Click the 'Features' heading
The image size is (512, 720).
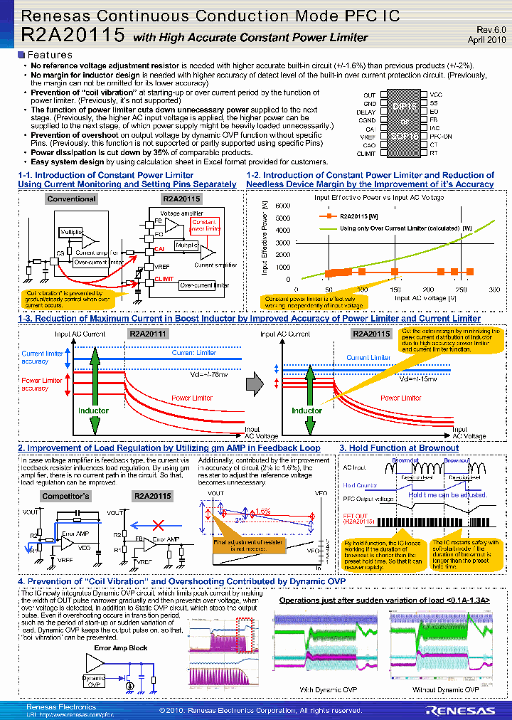49,55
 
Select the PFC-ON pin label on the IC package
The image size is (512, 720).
440,136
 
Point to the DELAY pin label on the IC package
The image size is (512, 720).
367,112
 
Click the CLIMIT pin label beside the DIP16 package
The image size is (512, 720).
366,154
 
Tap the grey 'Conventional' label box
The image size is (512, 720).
72,199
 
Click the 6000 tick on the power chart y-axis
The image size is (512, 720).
282,205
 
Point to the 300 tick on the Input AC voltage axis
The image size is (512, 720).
494,290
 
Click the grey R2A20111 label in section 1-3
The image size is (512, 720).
148,333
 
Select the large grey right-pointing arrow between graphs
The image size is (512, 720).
255,384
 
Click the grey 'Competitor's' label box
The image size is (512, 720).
66,496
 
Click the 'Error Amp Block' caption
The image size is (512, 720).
121,648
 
